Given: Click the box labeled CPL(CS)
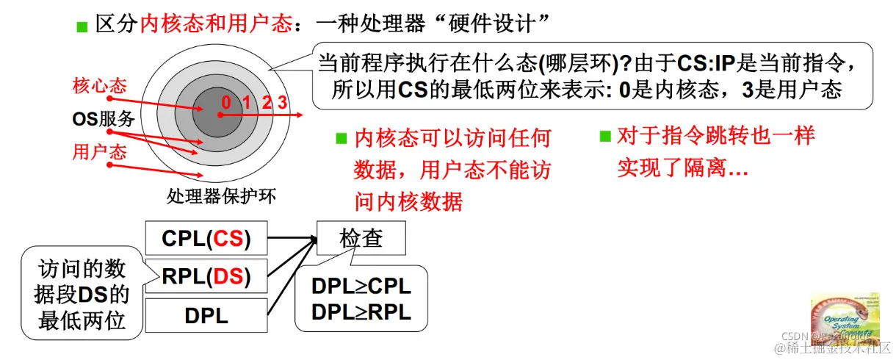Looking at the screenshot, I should [206, 238].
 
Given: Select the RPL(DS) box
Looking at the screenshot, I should [206, 277].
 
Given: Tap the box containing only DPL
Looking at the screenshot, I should [206, 316].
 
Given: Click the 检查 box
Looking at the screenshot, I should [361, 238].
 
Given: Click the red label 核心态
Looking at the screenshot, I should [99, 85].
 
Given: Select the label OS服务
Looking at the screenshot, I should [103, 118].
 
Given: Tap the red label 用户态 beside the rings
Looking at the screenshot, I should [99, 151].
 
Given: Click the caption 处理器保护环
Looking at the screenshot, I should [212, 197].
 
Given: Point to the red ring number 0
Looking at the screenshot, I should [225, 102].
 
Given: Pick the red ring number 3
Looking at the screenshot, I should [282, 102].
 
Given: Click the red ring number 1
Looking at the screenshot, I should [247, 102].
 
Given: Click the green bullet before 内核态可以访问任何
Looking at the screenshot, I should [341, 137].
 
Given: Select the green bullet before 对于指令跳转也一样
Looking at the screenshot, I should [605, 136].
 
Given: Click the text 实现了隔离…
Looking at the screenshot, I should [682, 168].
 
